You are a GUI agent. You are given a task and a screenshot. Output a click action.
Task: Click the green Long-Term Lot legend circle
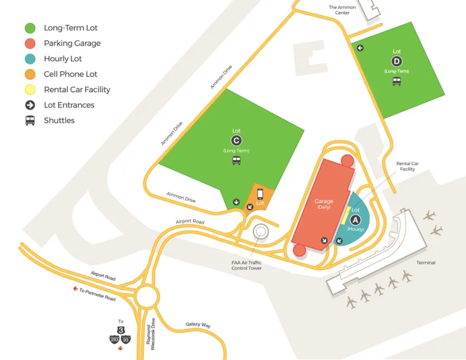(30, 28)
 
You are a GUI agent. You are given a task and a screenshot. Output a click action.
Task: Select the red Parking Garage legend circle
(30, 44)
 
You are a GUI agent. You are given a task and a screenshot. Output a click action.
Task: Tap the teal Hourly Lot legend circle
(30, 59)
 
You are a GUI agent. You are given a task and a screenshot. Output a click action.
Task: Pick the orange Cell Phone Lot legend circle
(30, 74)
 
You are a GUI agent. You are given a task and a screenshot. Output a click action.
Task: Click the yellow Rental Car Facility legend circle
(30, 90)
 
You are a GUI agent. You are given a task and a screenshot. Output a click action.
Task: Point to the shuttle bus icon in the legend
(30, 120)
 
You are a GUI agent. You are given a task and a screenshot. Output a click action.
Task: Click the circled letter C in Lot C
(237, 140)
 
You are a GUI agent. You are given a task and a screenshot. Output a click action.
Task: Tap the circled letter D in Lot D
(397, 61)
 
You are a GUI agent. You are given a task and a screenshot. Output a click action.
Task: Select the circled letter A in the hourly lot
(356, 219)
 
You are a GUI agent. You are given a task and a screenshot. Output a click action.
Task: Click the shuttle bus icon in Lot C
(237, 161)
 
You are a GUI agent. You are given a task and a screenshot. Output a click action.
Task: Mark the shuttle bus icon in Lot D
(397, 81)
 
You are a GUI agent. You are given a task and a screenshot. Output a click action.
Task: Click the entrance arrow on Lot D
(360, 47)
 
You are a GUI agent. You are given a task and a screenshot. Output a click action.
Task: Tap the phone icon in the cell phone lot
(260, 194)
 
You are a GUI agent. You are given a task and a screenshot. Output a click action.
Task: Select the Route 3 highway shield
(121, 330)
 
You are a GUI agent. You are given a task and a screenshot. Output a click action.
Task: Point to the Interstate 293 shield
(115, 339)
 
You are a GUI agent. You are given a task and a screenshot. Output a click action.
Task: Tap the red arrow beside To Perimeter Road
(75, 289)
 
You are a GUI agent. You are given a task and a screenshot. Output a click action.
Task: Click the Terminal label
(426, 263)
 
